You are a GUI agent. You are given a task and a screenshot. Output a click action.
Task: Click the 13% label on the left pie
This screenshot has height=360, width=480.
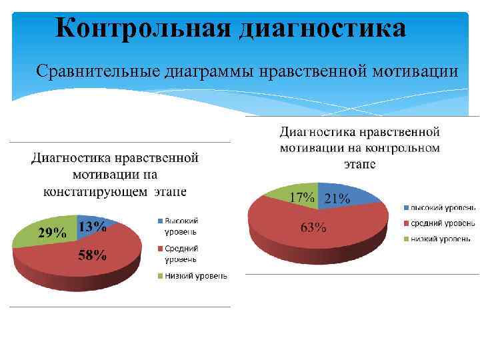coord(91,227)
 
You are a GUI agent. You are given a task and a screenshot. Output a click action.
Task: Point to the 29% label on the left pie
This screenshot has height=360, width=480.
coord(52,233)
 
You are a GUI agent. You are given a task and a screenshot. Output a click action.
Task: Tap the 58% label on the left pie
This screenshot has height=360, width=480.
coord(92,255)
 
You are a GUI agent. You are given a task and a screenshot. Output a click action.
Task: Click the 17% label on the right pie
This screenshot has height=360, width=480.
coord(302,198)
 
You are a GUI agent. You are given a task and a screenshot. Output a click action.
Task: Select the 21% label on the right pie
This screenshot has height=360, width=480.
coord(337,198)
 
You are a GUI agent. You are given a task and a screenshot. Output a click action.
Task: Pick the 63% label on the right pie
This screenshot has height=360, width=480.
coord(313,228)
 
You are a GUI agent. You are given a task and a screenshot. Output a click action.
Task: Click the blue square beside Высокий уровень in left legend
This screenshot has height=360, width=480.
coord(160,221)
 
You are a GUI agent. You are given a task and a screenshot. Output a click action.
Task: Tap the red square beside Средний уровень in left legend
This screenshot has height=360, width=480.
coord(160,248)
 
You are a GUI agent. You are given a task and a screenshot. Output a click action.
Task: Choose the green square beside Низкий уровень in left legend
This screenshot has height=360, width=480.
coord(160,275)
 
